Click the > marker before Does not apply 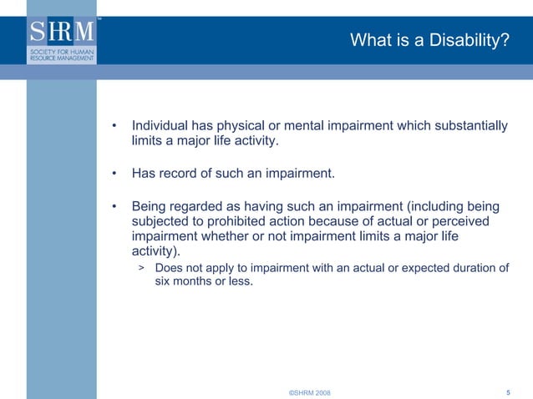141,268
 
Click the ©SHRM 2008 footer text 308,392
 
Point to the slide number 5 509,391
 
